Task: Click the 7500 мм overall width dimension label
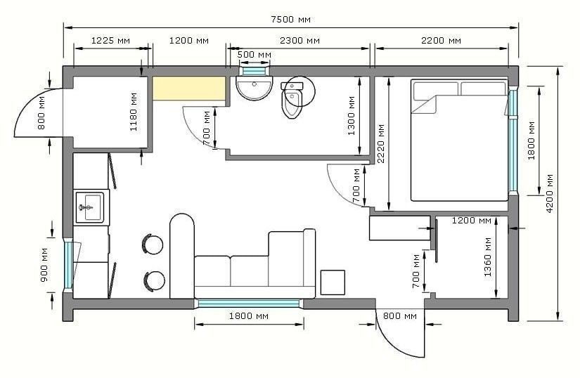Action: [290, 19]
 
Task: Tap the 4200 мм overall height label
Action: [550, 193]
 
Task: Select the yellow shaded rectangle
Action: [189, 89]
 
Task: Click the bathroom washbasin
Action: [254, 88]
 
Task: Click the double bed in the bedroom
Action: [459, 140]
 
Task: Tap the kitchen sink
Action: [91, 207]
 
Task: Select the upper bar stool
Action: [153, 244]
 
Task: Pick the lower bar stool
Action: [154, 282]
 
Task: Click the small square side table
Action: [333, 282]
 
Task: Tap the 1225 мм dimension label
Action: [110, 40]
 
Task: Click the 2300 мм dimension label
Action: [299, 40]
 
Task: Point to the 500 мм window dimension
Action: [254, 55]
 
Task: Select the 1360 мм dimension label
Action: [487, 257]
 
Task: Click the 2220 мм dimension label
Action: [380, 143]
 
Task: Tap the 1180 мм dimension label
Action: [134, 112]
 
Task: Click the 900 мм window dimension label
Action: [44, 265]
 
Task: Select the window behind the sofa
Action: [249, 304]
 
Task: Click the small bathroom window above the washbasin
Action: [254, 70]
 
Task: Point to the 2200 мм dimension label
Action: [442, 40]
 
